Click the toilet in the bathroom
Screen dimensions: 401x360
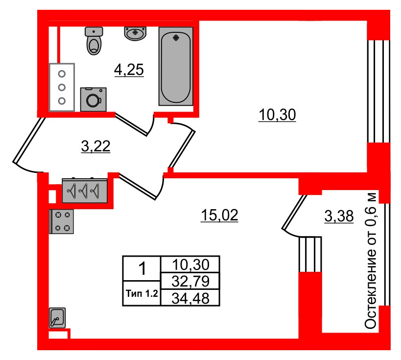point(94,41)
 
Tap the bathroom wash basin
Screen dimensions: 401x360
point(135,33)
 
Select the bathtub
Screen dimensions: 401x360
point(176,66)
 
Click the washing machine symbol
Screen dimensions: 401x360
point(94,99)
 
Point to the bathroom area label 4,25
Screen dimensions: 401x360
point(129,70)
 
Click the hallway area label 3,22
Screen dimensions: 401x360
point(95,146)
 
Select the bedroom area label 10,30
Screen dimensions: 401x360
point(277,115)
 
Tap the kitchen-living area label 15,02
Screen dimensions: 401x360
point(219,215)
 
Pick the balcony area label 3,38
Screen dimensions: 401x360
point(339,216)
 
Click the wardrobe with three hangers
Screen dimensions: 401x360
point(85,191)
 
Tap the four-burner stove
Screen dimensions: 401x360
point(61,221)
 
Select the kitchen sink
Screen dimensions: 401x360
point(57,318)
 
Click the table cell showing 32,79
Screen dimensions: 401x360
point(190,281)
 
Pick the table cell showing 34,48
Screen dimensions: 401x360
point(190,298)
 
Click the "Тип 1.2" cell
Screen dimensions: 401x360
point(142,293)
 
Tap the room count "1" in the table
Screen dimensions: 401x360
point(142,269)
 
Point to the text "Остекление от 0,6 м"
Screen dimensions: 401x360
point(371,260)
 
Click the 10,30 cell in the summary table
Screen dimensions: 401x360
point(190,264)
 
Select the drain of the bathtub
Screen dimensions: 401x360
point(176,38)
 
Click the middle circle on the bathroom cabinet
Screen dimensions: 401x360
point(62,88)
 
